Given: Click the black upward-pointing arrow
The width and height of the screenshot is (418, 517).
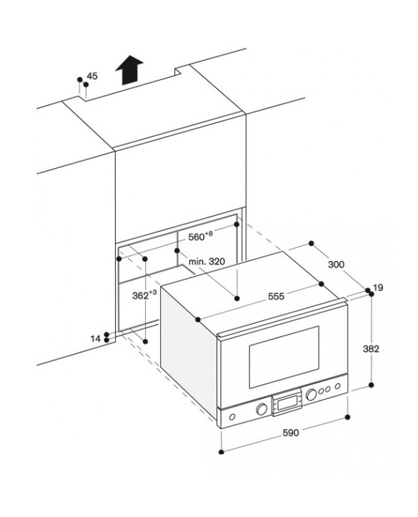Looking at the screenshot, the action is click(129, 69).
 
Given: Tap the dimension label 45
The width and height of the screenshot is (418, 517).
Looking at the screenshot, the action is click(92, 77).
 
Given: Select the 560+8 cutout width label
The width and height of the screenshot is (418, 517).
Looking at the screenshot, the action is click(201, 236).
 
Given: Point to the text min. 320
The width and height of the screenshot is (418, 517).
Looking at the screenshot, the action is click(207, 262).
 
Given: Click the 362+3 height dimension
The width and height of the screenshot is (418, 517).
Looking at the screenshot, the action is click(144, 295).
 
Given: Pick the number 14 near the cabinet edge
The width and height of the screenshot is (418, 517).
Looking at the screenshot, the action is click(96, 339).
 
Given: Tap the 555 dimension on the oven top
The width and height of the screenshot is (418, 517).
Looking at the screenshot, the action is click(276, 297).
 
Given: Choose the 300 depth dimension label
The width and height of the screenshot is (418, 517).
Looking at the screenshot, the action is click(337, 265).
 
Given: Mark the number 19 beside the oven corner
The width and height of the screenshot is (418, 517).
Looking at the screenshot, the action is click(378, 288).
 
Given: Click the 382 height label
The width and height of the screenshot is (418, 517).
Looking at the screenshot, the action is click(372, 348).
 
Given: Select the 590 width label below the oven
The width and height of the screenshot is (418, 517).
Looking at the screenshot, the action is click(292, 433).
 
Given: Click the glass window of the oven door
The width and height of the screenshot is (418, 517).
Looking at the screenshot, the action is click(284, 357).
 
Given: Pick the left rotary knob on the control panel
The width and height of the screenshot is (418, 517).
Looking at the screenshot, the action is click(262, 409).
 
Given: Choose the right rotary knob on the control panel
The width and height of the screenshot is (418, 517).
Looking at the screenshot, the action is click(312, 395).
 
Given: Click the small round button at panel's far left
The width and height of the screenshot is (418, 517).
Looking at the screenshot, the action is click(232, 417).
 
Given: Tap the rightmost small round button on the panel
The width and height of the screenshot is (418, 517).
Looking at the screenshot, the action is click(338, 386).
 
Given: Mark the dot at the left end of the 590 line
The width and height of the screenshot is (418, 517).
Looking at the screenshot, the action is click(222, 452).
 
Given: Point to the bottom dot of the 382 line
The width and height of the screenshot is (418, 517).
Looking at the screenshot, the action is click(372, 385).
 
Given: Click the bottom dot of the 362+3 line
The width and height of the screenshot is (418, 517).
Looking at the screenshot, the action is click(145, 342).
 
